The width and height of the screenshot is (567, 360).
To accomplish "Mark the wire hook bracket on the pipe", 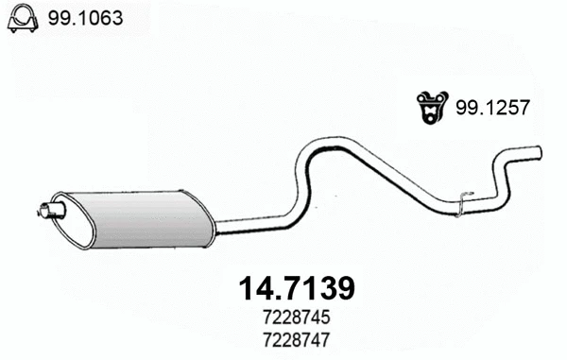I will [x=461, y=201].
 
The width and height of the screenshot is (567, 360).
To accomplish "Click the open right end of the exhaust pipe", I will [x=538, y=151].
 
